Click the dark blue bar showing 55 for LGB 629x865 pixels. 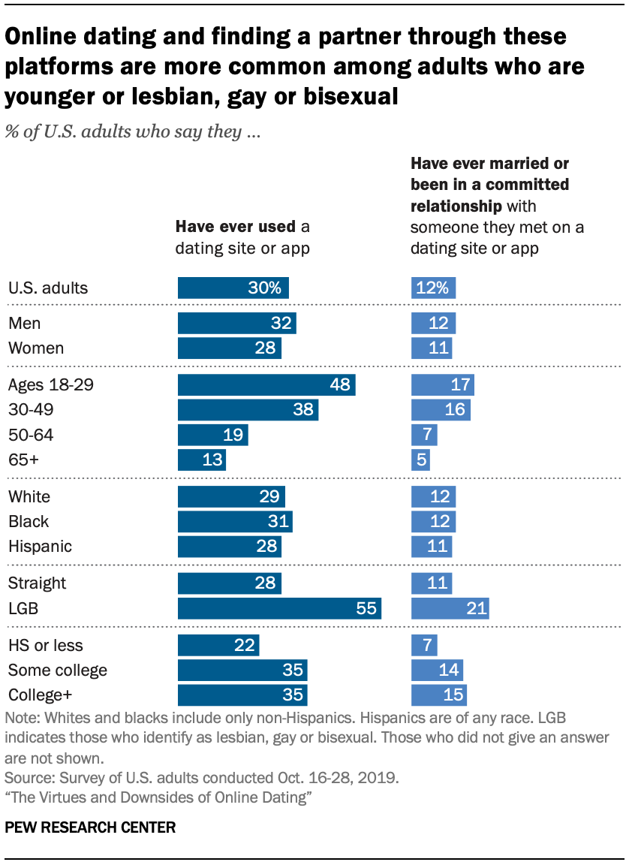coord(279,608)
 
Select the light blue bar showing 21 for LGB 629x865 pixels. coord(450,608)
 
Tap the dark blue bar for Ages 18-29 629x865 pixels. coord(266,385)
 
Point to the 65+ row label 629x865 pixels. coord(23,459)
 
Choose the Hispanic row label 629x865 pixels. coord(40,546)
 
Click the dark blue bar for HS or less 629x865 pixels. coord(218,645)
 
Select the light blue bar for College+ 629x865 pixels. coord(438,695)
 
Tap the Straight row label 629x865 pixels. coord(37,583)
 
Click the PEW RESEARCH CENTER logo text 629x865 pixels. coord(90,828)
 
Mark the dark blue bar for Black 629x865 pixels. coord(235,521)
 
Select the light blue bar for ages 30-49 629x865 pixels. coord(441,410)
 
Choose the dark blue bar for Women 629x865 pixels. coord(230,348)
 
